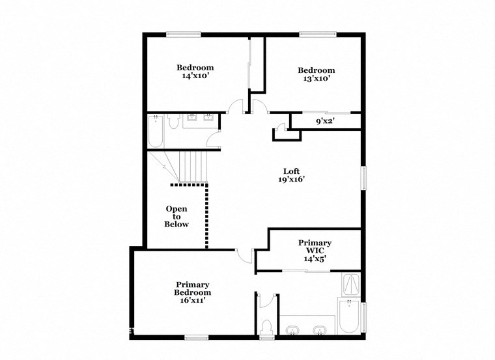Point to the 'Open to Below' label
coord(177,217)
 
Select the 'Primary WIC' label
coord(315,247)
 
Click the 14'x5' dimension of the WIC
coord(315,258)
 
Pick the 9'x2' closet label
coord(324,122)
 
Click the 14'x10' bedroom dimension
coord(195,76)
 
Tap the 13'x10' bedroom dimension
coord(317,79)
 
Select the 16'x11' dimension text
coord(192,301)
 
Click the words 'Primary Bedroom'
coord(192,288)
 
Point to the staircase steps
coord(193,166)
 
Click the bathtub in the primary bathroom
coord(348,317)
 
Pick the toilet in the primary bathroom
coord(266,325)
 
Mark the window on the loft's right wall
coord(363,178)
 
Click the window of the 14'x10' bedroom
coord(183,35)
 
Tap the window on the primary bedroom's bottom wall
coord(196,337)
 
